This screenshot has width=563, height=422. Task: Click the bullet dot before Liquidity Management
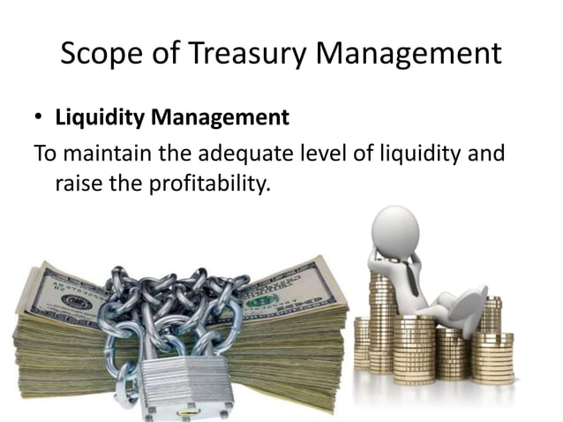tap(40, 117)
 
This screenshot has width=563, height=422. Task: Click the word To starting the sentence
tap(45, 154)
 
